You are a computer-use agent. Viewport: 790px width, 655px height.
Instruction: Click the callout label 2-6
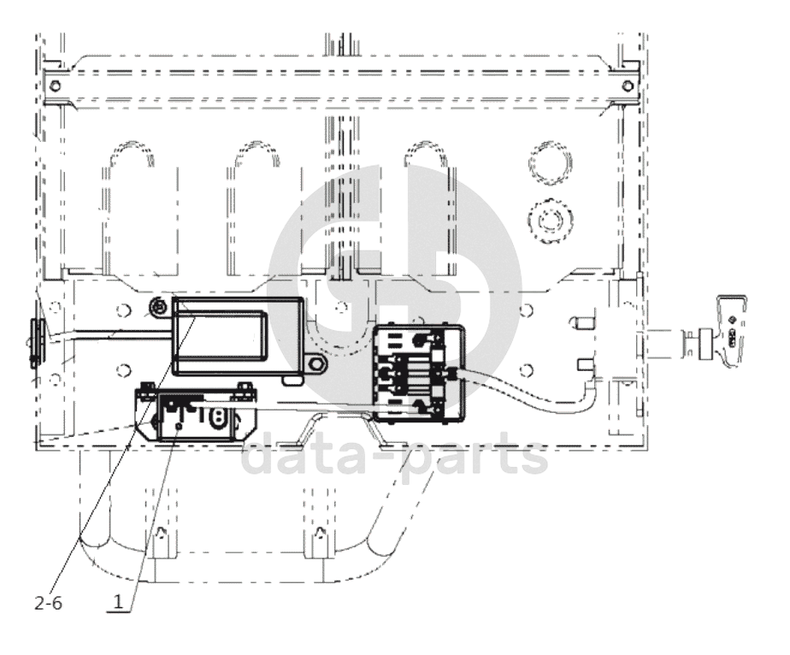click(49, 603)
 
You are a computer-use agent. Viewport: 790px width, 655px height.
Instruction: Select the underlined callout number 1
click(118, 602)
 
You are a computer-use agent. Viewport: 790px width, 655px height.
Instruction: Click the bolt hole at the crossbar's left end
click(55, 86)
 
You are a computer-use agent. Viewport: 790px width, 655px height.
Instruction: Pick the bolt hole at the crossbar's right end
click(628, 86)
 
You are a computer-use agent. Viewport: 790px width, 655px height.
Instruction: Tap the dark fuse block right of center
click(418, 372)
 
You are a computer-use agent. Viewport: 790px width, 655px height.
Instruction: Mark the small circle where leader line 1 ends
click(178, 427)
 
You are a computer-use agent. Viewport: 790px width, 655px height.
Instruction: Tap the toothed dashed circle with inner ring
click(551, 221)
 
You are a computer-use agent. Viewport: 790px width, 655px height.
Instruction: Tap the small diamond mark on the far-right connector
click(734, 319)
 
